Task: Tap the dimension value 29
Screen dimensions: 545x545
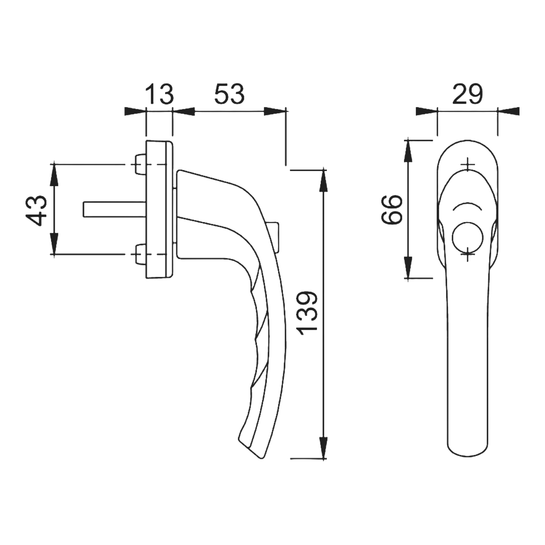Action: pyautogui.click(x=467, y=94)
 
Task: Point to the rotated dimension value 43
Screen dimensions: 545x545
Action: pyautogui.click(x=37, y=210)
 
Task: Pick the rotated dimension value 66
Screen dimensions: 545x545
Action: pyautogui.click(x=392, y=210)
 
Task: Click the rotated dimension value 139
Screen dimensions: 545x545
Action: pyautogui.click(x=307, y=314)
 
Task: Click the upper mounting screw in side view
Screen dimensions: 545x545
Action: pyautogui.click(x=140, y=164)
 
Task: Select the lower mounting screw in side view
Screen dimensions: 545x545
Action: pyautogui.click(x=140, y=254)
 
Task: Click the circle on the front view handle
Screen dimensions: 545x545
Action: pyautogui.click(x=467, y=238)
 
